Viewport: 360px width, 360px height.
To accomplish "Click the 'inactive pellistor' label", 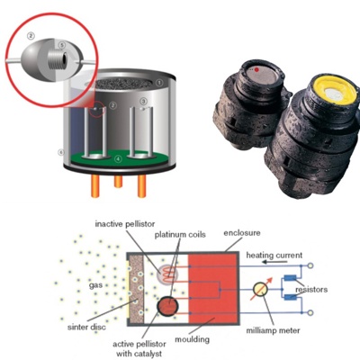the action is click(125, 224).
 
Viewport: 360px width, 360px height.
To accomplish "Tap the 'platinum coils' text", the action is click(180, 235).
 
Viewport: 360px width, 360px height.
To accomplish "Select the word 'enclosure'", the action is click(242, 233).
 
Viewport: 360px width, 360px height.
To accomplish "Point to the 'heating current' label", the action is click(274, 256).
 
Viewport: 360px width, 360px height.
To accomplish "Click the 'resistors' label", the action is click(311, 290).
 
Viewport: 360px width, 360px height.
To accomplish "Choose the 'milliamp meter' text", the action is click(273, 330).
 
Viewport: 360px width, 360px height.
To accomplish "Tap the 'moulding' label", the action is click(192, 339).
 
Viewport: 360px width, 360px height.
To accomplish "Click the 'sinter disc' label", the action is click(86, 327).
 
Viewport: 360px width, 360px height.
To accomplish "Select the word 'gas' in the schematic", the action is click(95, 285).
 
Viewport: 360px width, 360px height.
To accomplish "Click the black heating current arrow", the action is click(274, 262).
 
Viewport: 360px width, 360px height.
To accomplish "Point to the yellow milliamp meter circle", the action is click(260, 290).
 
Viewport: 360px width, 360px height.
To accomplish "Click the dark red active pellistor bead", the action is click(167, 306).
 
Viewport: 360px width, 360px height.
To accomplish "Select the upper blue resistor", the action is click(290, 278).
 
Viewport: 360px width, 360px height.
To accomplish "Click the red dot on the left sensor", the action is click(256, 70).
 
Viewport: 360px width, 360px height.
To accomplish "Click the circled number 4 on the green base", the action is click(119, 158).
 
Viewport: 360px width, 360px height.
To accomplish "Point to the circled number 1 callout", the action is click(160, 82).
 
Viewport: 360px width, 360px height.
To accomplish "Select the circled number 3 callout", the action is click(144, 101).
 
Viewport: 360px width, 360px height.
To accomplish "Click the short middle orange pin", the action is click(118, 182).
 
